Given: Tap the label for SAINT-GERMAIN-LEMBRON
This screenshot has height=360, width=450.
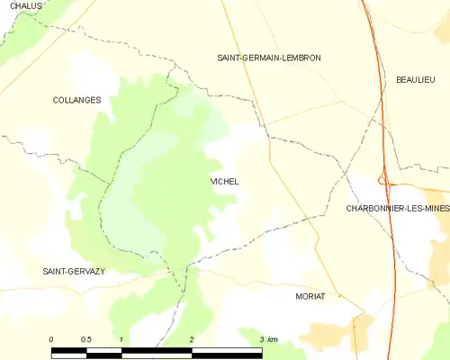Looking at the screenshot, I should (269, 58).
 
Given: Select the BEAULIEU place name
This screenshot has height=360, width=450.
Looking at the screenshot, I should (416, 80).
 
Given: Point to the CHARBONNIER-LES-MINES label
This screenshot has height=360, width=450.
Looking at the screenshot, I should (397, 208).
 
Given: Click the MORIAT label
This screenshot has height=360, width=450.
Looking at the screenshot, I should (310, 295).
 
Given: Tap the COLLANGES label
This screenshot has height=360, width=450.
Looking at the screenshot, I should (76, 101).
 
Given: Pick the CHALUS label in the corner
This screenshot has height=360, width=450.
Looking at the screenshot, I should (27, 6).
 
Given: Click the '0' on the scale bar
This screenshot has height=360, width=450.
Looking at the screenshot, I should (51, 338).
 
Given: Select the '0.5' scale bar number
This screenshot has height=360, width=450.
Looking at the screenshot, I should (85, 338).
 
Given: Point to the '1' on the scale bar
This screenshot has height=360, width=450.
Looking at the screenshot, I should (121, 338).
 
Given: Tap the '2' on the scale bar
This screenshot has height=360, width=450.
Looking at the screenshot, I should (192, 338).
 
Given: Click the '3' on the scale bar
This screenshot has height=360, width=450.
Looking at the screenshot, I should (262, 338).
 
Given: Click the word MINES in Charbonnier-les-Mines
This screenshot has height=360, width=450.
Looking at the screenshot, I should (432, 208).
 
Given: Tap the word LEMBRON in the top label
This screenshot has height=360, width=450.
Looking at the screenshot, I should (301, 58).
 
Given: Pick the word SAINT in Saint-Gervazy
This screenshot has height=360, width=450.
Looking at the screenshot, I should (56, 271).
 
